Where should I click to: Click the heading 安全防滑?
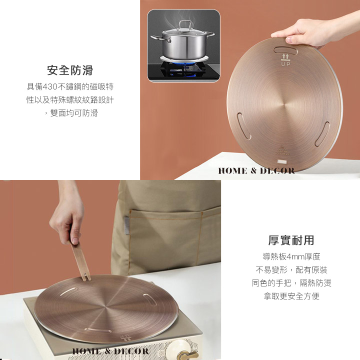(70, 70)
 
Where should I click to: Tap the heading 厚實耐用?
(291, 240)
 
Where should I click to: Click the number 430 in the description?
(50, 87)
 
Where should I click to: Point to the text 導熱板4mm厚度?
(291, 256)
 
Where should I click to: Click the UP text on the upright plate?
(286, 64)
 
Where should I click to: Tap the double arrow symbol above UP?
(285, 56)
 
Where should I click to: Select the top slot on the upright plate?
(285, 50)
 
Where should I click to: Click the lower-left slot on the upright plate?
(244, 126)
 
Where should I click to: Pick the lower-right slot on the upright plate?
(322, 134)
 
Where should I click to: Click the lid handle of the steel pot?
(185, 24)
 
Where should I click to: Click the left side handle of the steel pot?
(160, 38)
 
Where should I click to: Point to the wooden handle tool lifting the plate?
(79, 260)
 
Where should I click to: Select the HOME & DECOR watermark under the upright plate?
(256, 171)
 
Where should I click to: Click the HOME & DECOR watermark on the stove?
(110, 351)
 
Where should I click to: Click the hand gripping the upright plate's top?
(305, 32)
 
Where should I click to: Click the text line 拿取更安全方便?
(291, 296)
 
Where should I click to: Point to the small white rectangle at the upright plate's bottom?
(282, 162)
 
